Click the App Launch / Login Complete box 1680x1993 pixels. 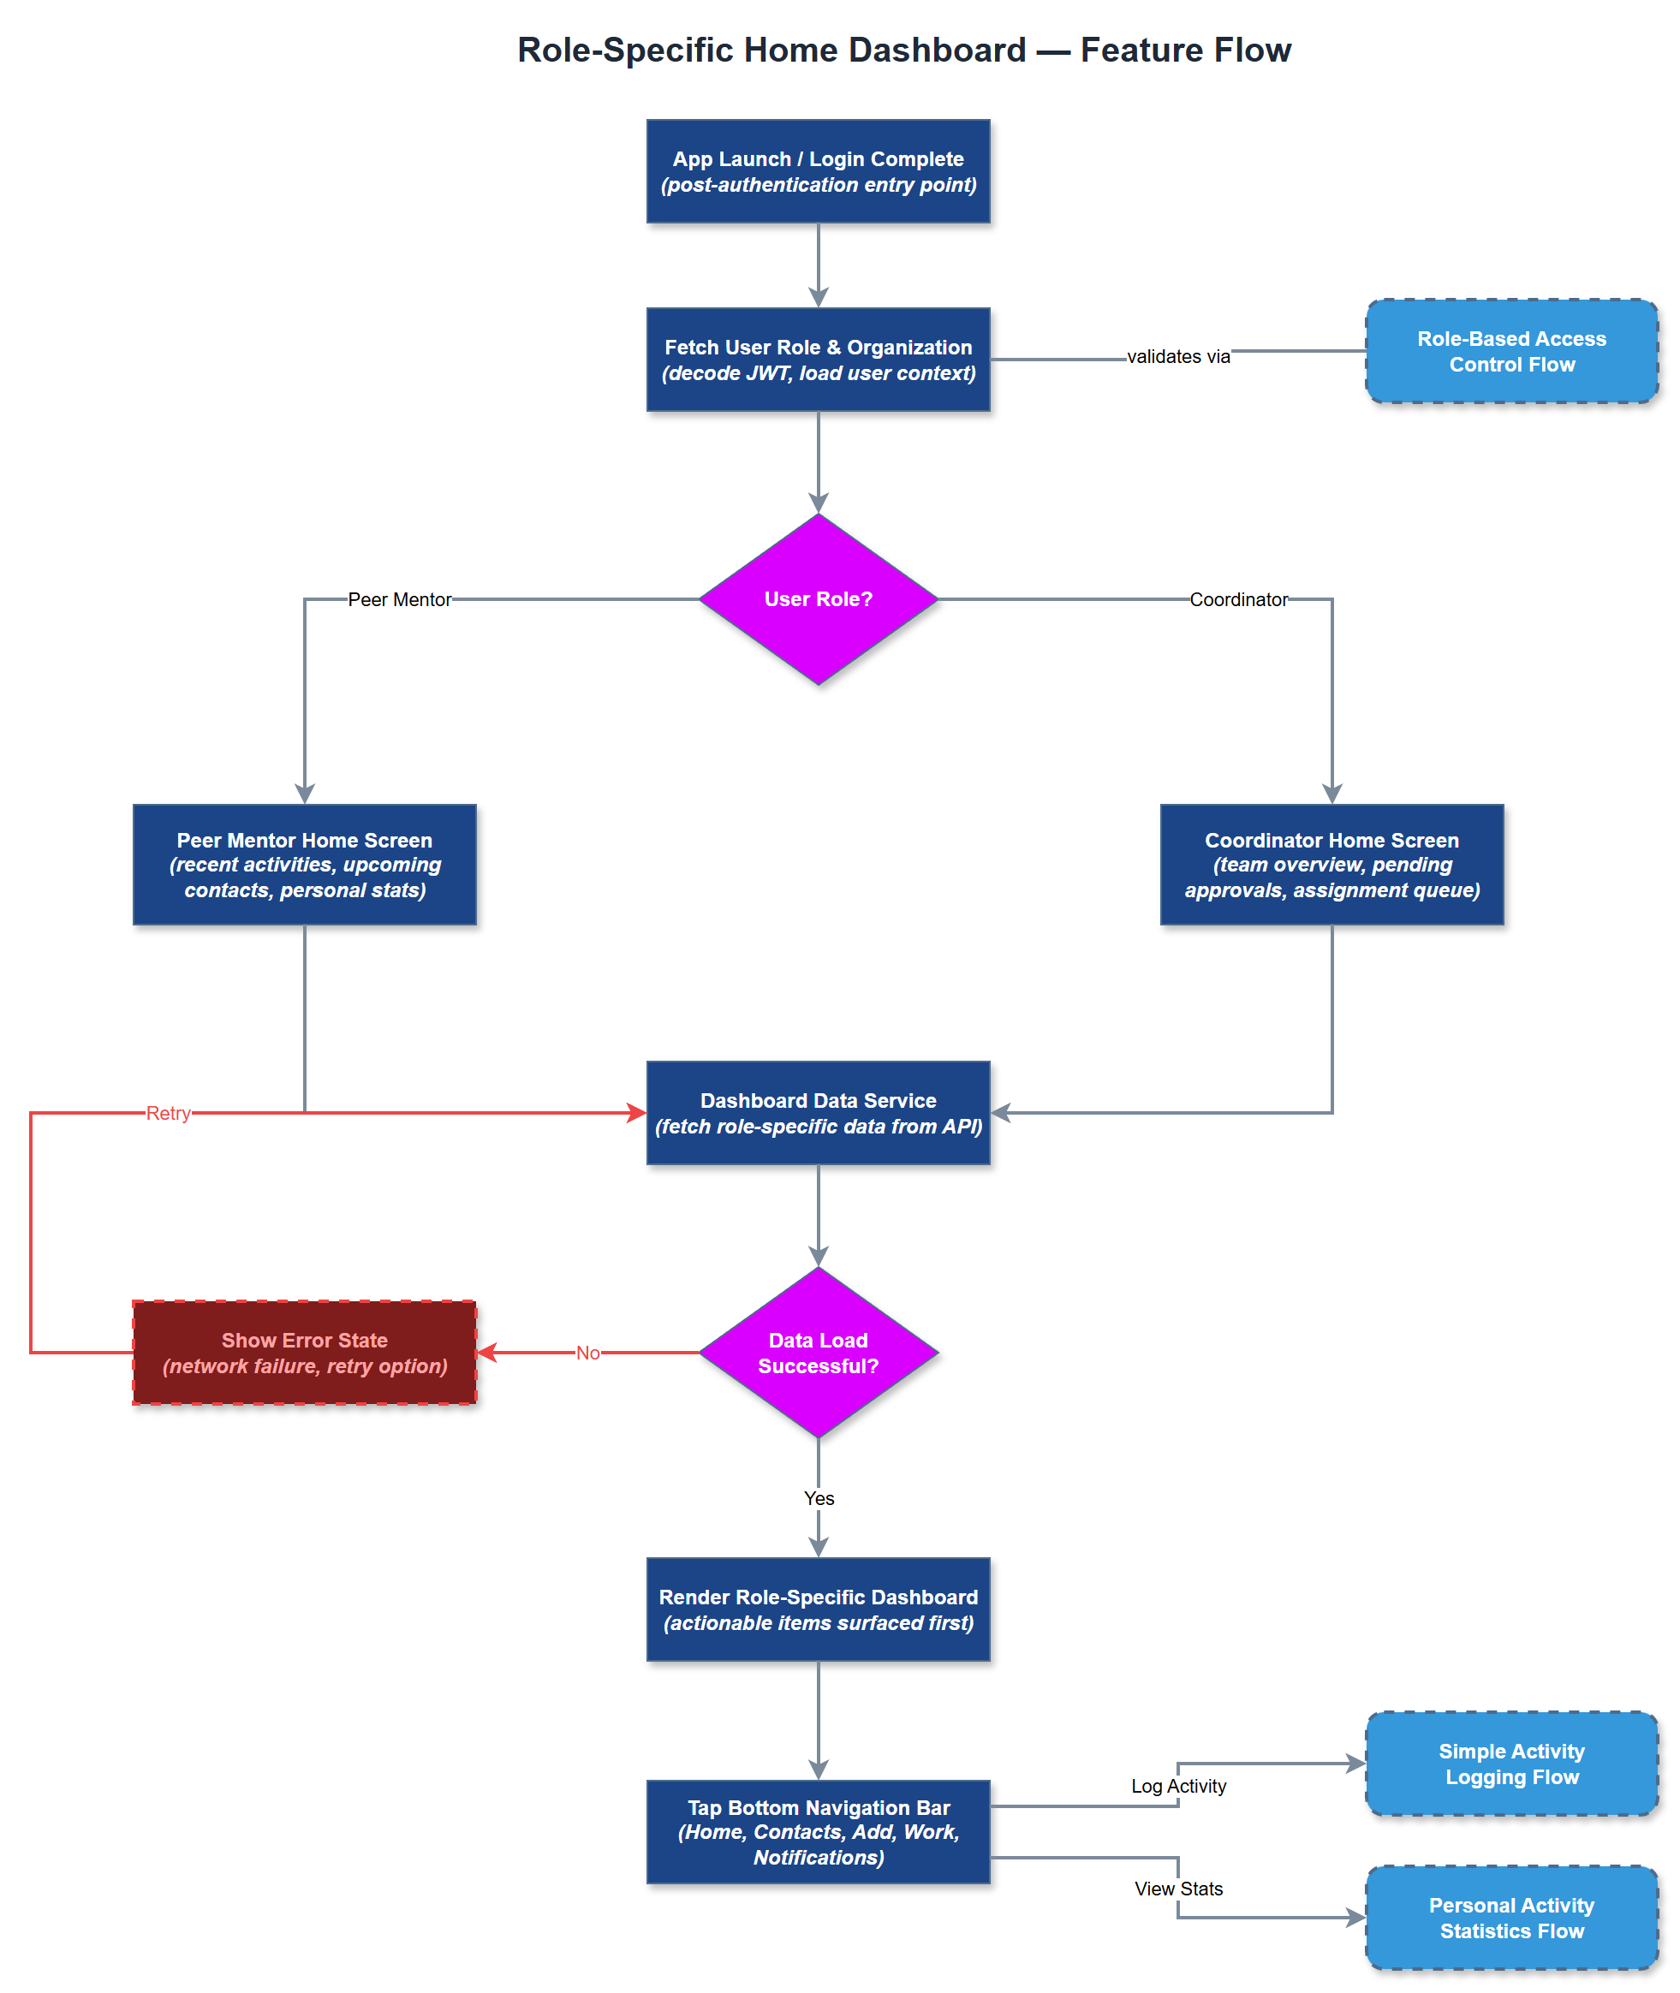pyautogui.click(x=818, y=171)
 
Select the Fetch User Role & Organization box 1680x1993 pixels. pyautogui.click(x=818, y=360)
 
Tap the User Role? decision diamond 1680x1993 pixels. pyautogui.click(x=818, y=599)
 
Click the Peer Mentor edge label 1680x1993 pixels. pyautogui.click(x=399, y=599)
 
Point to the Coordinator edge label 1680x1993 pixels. pyautogui.click(x=1238, y=599)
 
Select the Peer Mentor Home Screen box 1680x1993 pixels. pyautogui.click(x=305, y=865)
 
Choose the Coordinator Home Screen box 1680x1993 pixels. pyautogui.click(x=1331, y=865)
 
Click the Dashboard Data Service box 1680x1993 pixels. pyautogui.click(x=818, y=1113)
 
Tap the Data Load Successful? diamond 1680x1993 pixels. pyautogui.click(x=818, y=1352)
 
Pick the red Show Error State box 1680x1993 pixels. pyautogui.click(x=305, y=1352)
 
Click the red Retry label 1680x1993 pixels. pyautogui.click(x=169, y=1113)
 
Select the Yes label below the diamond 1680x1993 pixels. pyautogui.click(x=818, y=1498)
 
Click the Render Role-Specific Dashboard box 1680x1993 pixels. pyautogui.click(x=818, y=1609)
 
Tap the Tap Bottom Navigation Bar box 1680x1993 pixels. pyautogui.click(x=818, y=1831)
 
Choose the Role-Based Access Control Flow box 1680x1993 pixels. pyautogui.click(x=1511, y=351)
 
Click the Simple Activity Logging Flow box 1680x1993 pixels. pyautogui.click(x=1511, y=1764)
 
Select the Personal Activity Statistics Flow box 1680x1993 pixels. pyautogui.click(x=1511, y=1918)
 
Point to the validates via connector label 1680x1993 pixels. pyautogui.click(x=1178, y=356)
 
